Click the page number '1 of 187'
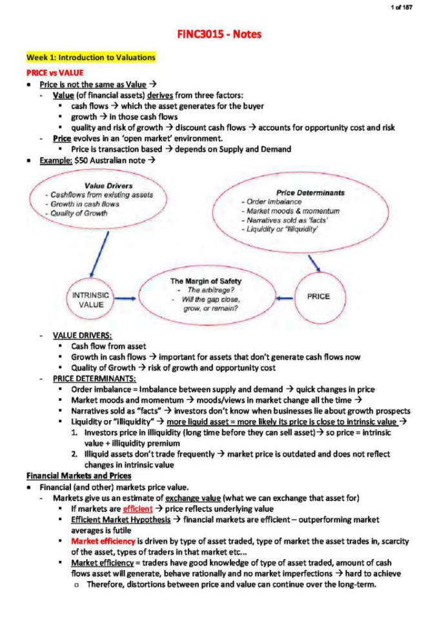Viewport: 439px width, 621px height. [x=402, y=7]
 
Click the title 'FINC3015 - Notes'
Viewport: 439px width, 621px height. [x=219, y=34]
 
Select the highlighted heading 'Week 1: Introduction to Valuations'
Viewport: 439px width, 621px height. [x=91, y=57]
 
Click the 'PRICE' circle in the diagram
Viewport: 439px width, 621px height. [x=318, y=296]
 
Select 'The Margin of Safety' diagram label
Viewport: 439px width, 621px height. [x=205, y=281]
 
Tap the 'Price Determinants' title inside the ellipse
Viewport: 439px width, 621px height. [x=310, y=192]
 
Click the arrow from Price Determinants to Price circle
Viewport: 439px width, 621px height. [x=314, y=262]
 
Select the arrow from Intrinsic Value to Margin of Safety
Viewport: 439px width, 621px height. [x=129, y=299]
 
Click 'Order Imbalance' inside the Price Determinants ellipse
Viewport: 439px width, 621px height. [x=270, y=201]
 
